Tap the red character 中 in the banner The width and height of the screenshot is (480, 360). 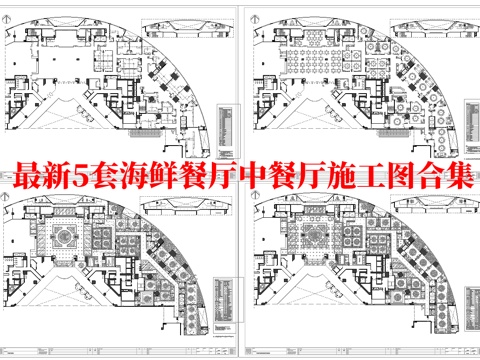(x=280, y=180)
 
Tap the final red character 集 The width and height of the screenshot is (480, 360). (x=467, y=180)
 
